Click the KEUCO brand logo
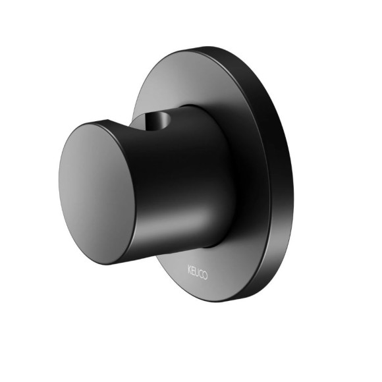(198, 273)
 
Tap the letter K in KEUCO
(190, 269)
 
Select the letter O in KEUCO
(205, 275)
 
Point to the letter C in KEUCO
(200, 274)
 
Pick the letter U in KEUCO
(197, 272)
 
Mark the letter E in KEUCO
(193, 271)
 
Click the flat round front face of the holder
(97, 194)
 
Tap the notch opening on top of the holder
(157, 119)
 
